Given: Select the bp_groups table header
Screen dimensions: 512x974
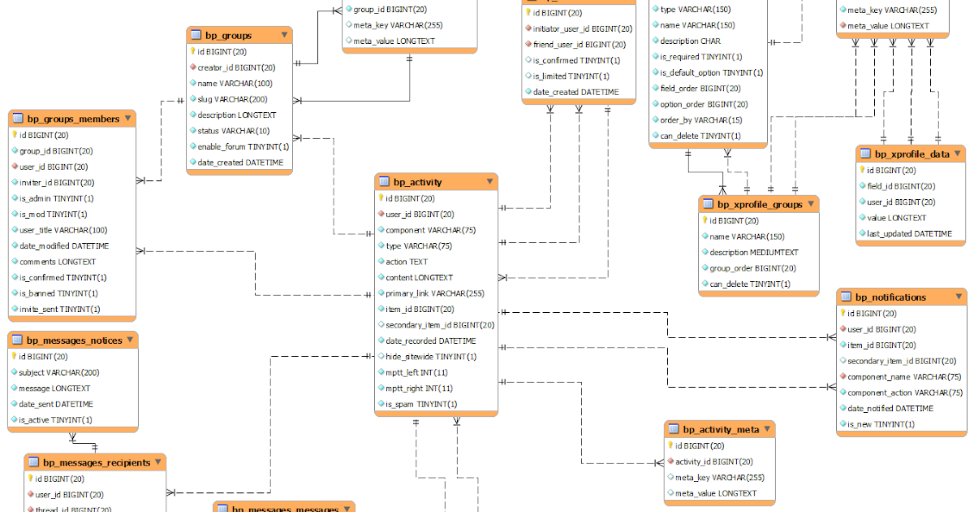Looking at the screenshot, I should coord(228,35).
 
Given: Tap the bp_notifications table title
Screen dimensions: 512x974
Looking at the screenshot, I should coord(890,297).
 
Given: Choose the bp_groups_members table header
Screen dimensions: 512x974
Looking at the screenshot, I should coord(73,119).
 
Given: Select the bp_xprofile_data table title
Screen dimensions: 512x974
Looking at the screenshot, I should coord(912,154).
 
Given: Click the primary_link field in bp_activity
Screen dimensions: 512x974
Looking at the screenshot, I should coord(434,293).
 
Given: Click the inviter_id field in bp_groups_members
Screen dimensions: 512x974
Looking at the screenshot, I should coord(56,182).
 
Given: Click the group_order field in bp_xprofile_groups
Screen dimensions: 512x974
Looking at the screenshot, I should coord(752,268).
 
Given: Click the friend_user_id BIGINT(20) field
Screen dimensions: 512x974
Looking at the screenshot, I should coord(579,45).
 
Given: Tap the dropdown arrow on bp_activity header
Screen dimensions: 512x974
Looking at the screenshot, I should coord(489,181).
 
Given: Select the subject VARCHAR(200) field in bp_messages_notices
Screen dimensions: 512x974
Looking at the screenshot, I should coord(58,372).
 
